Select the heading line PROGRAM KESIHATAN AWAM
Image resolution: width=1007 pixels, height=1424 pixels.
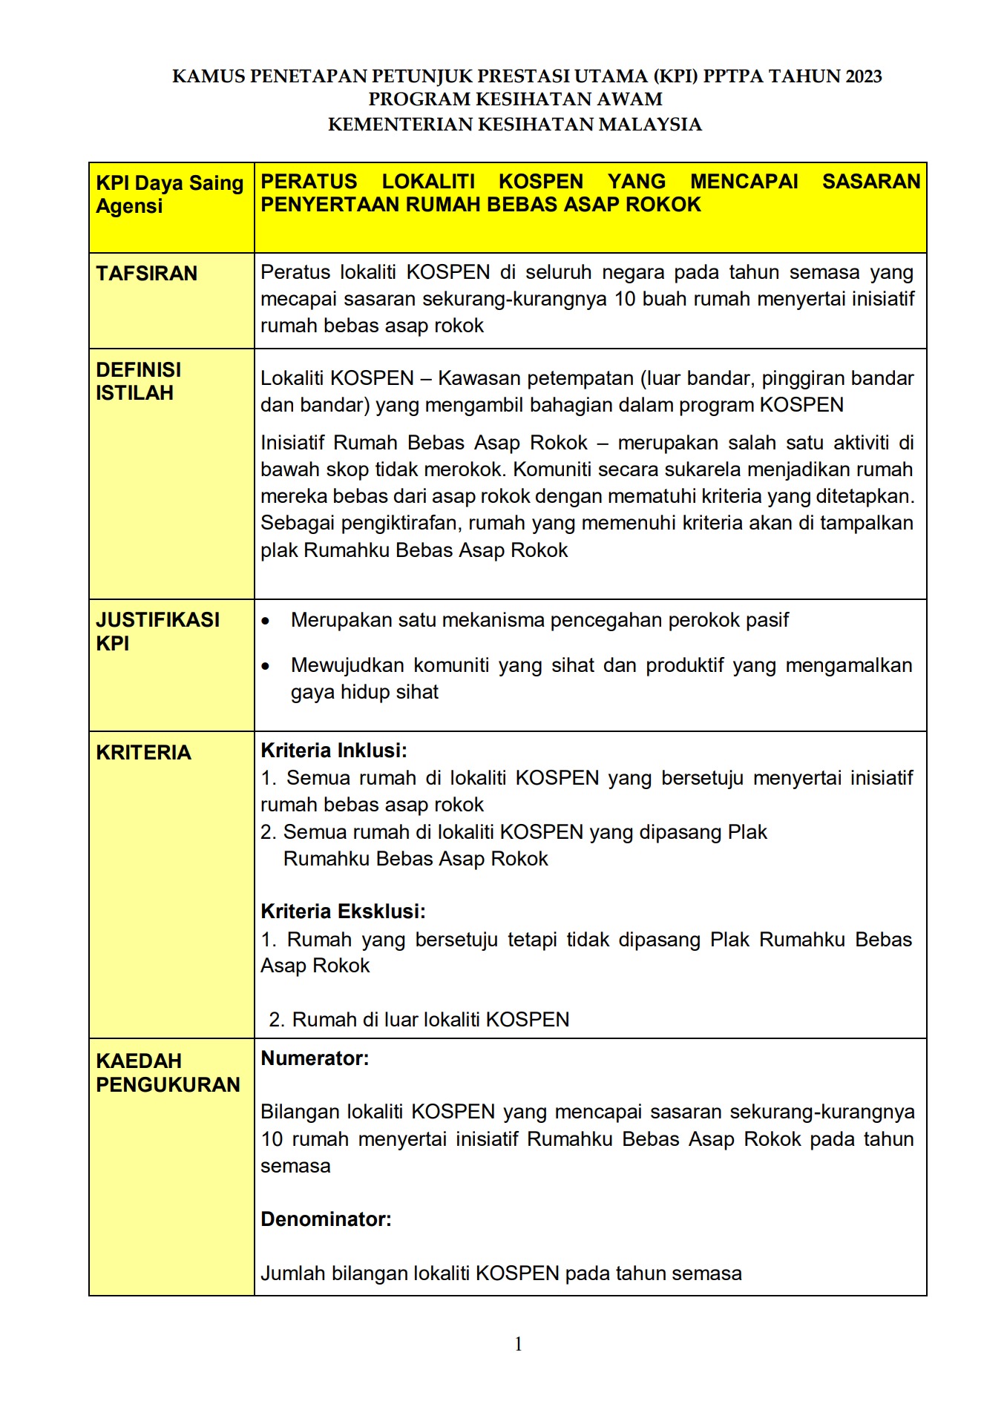pos(515,99)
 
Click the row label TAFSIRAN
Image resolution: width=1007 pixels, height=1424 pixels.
pos(146,274)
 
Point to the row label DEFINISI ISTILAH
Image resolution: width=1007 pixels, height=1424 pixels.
pos(138,381)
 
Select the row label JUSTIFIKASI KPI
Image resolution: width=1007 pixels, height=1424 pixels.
pos(157,631)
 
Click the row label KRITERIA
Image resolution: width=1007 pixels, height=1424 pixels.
pos(143,752)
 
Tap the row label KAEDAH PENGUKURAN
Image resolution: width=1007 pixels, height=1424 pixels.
pos(168,1072)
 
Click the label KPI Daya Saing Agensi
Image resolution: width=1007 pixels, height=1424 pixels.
pos(169,194)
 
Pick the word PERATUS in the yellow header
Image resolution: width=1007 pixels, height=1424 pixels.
pos(309,182)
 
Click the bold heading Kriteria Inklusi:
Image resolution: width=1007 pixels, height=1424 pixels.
pos(334,751)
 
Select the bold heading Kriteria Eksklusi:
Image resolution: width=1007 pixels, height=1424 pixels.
pos(343,912)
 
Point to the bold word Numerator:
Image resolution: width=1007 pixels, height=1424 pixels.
pos(315,1058)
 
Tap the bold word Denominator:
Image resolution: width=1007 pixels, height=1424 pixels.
pos(326,1219)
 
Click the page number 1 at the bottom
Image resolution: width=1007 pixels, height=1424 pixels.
pos(518,1344)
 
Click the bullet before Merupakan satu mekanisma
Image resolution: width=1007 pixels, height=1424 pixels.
pos(266,621)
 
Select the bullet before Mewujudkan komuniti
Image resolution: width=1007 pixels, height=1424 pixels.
pos(266,667)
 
